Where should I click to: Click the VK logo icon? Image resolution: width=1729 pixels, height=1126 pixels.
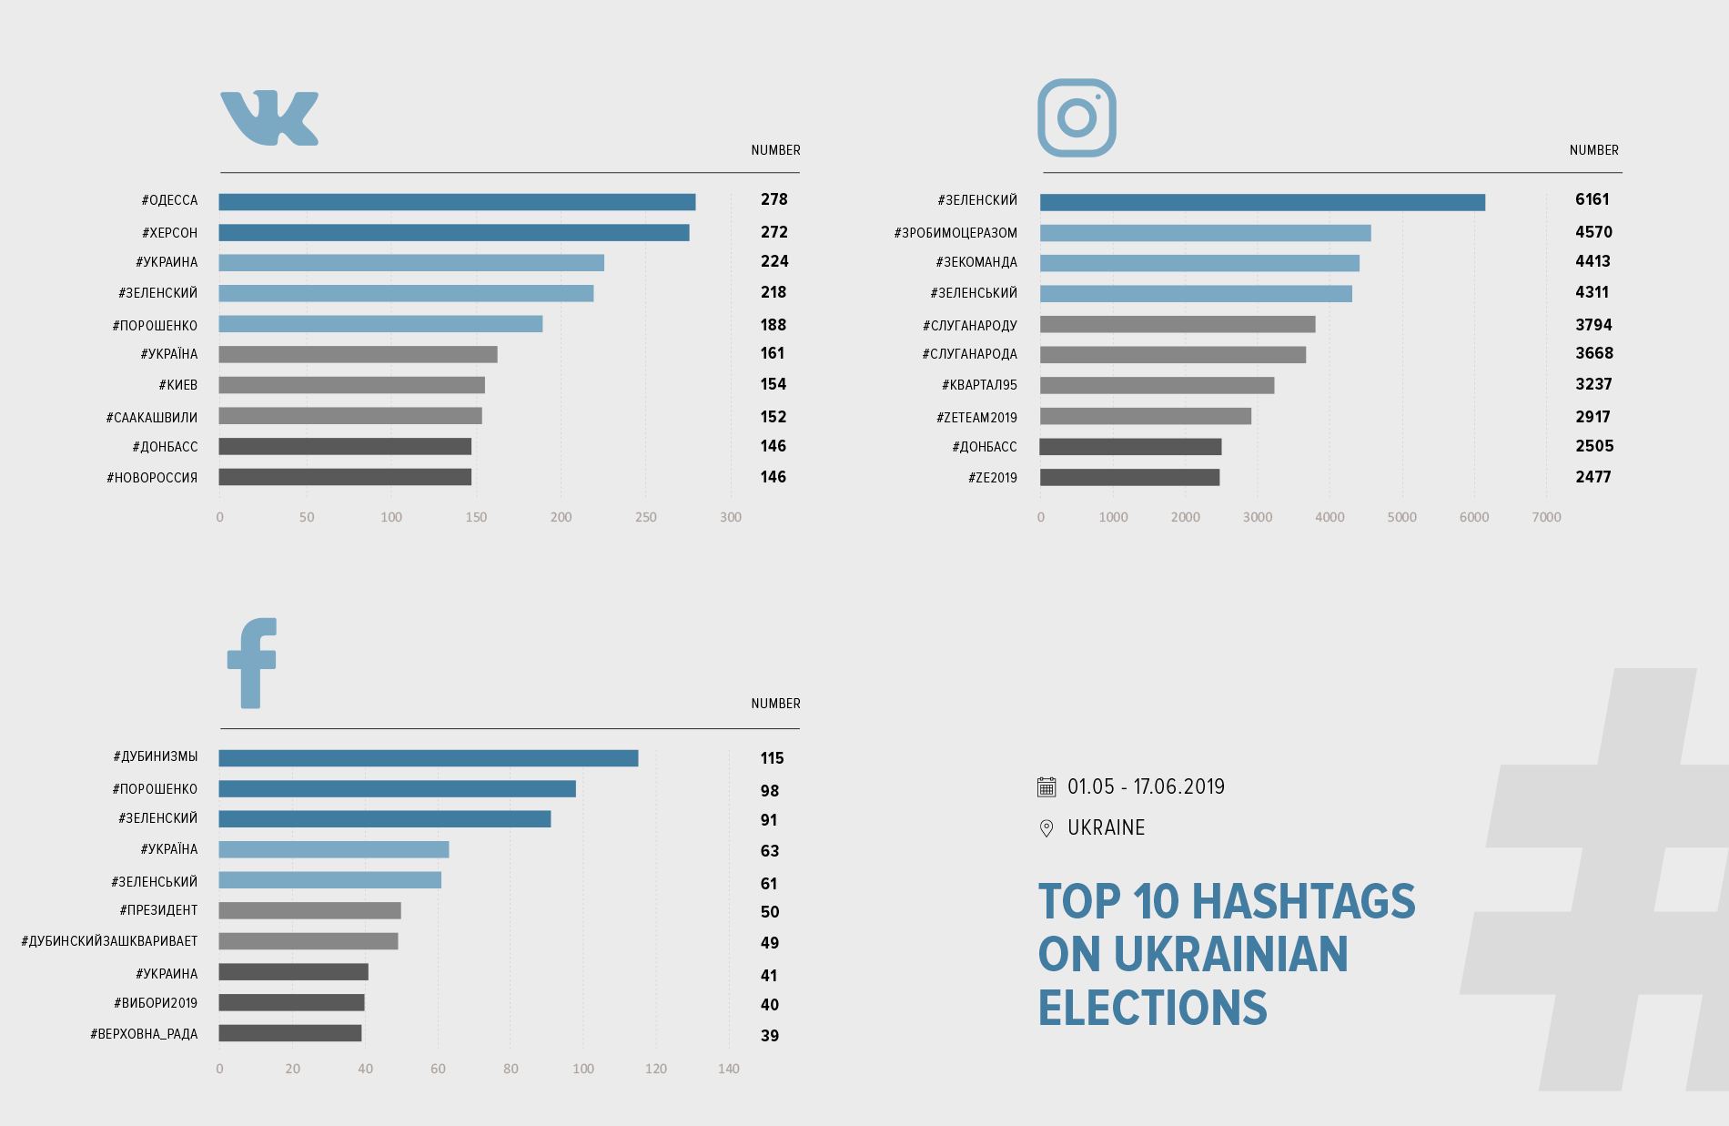[x=269, y=118]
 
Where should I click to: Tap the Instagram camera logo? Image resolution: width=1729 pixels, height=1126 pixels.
[x=1077, y=117]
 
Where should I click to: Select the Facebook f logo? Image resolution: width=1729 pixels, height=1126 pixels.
[x=252, y=663]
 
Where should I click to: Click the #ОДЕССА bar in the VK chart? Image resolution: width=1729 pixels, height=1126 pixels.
[x=457, y=202]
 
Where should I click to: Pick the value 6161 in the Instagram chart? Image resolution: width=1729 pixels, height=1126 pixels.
[x=1592, y=199]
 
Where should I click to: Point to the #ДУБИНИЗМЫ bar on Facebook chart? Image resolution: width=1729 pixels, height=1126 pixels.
[x=428, y=758]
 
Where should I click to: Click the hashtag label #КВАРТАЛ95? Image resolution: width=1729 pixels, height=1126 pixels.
[x=979, y=385]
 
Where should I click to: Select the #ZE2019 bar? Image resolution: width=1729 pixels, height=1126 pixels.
[x=1129, y=477]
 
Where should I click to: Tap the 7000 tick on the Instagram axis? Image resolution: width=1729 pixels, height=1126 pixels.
[x=1546, y=517]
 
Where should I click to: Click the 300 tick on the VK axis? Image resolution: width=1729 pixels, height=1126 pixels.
[x=731, y=517]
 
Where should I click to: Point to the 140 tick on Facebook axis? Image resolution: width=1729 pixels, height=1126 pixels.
[x=728, y=1069]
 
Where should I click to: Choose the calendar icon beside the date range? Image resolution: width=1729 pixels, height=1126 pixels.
[x=1046, y=786]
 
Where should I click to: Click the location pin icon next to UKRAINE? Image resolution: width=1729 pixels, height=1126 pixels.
[x=1046, y=827]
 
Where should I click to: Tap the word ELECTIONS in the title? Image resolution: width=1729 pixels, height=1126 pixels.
[x=1152, y=1008]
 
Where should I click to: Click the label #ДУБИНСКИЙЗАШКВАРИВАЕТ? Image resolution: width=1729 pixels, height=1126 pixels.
[x=109, y=941]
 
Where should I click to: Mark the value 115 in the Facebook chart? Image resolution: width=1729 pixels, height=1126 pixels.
[x=772, y=758]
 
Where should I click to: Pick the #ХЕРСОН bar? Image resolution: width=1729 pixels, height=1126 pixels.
[x=453, y=233]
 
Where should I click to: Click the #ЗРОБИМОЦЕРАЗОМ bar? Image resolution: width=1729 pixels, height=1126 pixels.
[x=1205, y=233]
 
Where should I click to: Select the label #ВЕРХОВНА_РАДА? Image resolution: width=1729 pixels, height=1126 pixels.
[x=144, y=1034]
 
